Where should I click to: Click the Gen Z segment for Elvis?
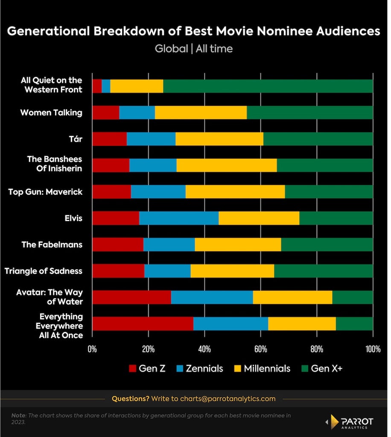tap(116, 218)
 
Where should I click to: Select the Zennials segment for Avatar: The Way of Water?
tap(212, 297)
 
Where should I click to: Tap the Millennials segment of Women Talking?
tap(201, 113)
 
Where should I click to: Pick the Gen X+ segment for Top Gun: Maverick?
tap(329, 192)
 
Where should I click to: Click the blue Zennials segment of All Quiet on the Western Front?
tap(106, 86)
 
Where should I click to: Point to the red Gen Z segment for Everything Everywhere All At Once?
tap(143, 323)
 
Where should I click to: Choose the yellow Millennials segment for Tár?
tap(219, 139)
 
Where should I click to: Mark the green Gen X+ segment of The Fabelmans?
tap(327, 245)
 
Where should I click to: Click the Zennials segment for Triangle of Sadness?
tap(167, 271)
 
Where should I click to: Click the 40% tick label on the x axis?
tap(204, 349)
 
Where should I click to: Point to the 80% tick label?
tap(317, 349)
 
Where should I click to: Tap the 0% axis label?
tap(92, 349)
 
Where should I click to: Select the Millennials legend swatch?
tap(237, 368)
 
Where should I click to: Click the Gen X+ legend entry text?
tap(327, 368)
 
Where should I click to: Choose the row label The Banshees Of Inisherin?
tap(55, 163)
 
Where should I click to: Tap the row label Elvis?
tap(73, 218)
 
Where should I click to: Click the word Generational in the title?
tap(49, 31)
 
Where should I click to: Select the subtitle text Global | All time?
tap(194, 49)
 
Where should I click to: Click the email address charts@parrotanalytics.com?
tap(228, 399)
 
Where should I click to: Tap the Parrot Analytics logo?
tap(350, 422)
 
